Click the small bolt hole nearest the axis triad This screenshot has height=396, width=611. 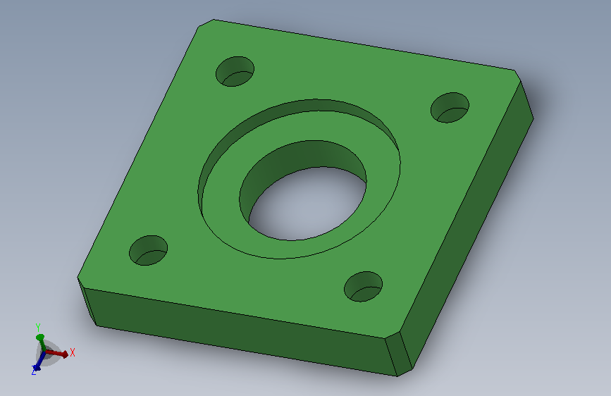click(149, 251)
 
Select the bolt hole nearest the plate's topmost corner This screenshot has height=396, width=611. click(235, 71)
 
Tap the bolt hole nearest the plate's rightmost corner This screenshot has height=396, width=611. click(450, 108)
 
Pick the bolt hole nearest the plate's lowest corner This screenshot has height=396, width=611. click(363, 287)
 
